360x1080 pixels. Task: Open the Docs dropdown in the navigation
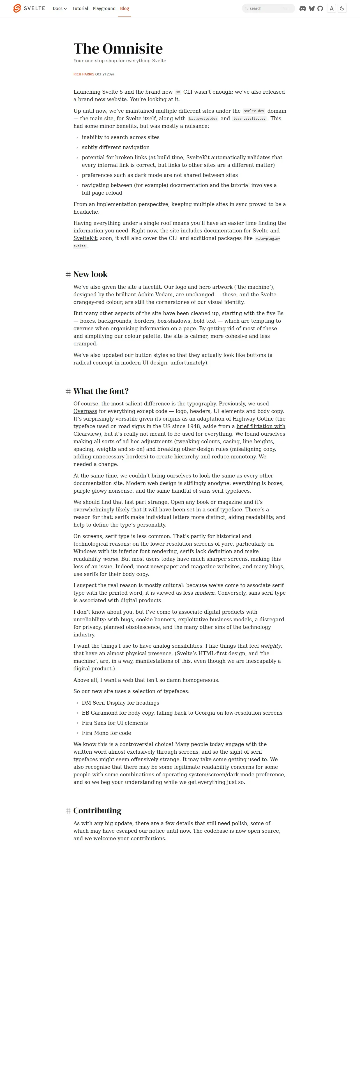pyautogui.click(x=59, y=8)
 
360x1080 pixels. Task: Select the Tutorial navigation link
pyautogui.click(x=80, y=8)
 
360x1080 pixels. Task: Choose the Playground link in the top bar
pyautogui.click(x=104, y=8)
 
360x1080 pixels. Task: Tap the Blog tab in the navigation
pyautogui.click(x=124, y=8)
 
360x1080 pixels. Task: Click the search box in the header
pyautogui.click(x=268, y=8)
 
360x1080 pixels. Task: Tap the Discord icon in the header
pyautogui.click(x=303, y=8)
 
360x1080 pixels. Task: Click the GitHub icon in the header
pyautogui.click(x=320, y=8)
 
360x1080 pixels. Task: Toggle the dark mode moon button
pyautogui.click(x=342, y=8)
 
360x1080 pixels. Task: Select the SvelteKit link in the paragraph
pyautogui.click(x=85, y=238)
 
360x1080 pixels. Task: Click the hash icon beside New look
pyautogui.click(x=68, y=274)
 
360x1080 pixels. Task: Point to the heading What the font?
pyautogui.click(x=101, y=391)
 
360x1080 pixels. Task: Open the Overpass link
pyautogui.click(x=85, y=411)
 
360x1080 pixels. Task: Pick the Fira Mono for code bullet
pyautogui.click(x=107, y=733)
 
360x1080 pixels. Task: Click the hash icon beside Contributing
pyautogui.click(x=68, y=811)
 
